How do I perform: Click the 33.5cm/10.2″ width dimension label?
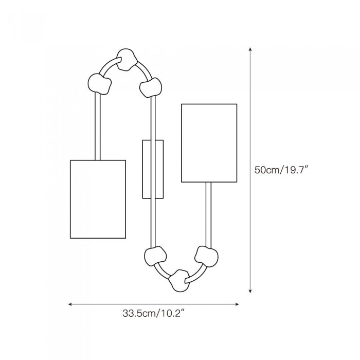point(153,313)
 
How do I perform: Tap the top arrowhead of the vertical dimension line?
point(250,49)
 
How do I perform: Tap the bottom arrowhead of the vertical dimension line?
point(250,292)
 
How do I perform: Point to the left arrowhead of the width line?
point(70,304)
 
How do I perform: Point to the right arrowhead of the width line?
point(237,304)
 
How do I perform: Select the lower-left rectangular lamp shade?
point(98,199)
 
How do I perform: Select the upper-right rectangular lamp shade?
point(209,143)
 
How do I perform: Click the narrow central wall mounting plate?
point(153,169)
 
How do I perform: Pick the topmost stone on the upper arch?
point(127,60)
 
